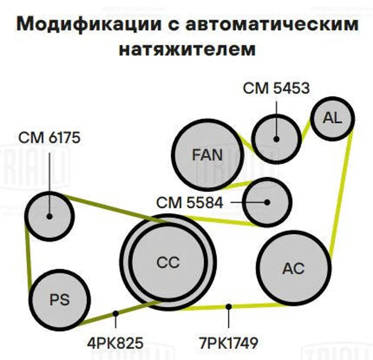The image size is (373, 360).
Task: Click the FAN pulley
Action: click(207, 155)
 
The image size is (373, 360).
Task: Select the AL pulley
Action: click(332, 118)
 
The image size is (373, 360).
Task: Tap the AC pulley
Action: click(294, 268)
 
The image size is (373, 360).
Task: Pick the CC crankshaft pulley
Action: click(168, 262)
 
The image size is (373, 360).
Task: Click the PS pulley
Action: click(60, 300)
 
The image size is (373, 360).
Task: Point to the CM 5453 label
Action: click(276, 88)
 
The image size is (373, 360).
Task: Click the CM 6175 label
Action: click(49, 138)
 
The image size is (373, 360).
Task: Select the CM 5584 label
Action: click(190, 203)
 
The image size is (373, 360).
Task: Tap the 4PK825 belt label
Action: click(115, 343)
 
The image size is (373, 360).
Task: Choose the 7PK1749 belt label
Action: click(228, 343)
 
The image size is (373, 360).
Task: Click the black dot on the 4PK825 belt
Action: click(116, 314)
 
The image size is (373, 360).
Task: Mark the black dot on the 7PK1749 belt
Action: click(228, 307)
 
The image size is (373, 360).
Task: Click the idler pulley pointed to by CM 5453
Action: click(276, 139)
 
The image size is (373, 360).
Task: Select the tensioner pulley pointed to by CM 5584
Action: click(267, 202)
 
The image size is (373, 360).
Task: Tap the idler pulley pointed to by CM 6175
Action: click(49, 216)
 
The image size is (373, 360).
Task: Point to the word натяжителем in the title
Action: click(187, 49)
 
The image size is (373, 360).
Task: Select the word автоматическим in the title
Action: click(272, 24)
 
